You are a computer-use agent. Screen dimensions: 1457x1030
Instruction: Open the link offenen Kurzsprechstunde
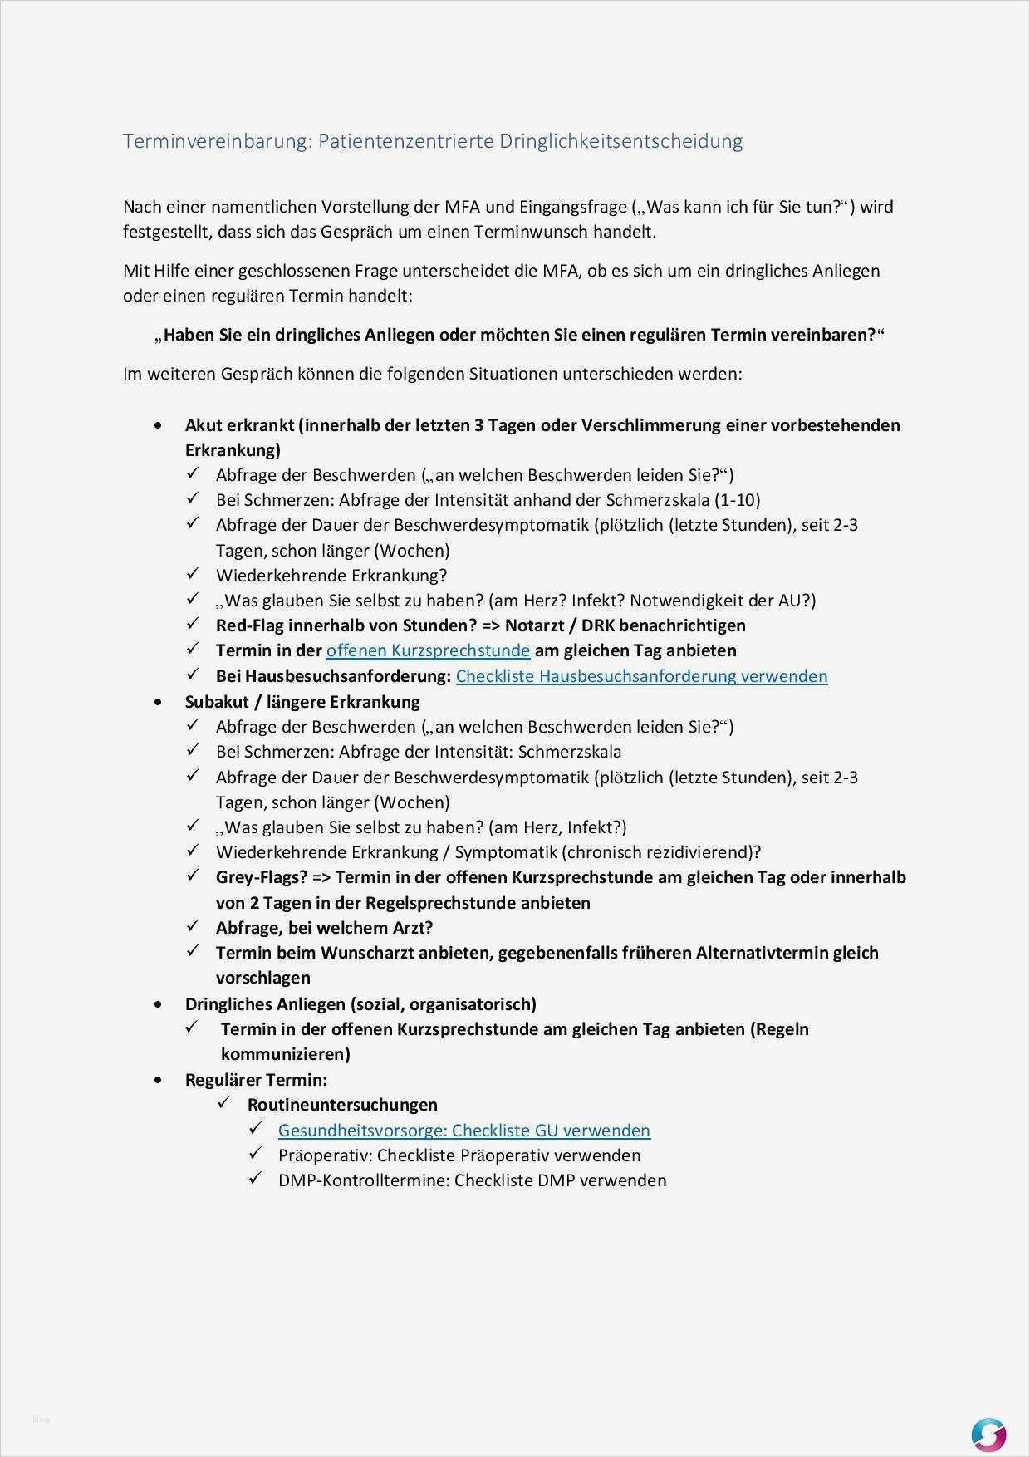428,650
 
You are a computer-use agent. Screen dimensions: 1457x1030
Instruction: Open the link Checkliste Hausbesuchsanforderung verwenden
641,676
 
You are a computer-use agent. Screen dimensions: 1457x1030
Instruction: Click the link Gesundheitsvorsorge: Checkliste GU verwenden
463,1131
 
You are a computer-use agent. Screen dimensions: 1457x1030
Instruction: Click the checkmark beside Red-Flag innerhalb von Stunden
193,624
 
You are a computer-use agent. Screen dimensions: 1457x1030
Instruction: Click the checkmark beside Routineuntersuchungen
223,1103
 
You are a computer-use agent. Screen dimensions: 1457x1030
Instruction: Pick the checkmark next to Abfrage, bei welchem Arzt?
193,926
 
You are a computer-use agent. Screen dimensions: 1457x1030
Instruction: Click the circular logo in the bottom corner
988,1412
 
